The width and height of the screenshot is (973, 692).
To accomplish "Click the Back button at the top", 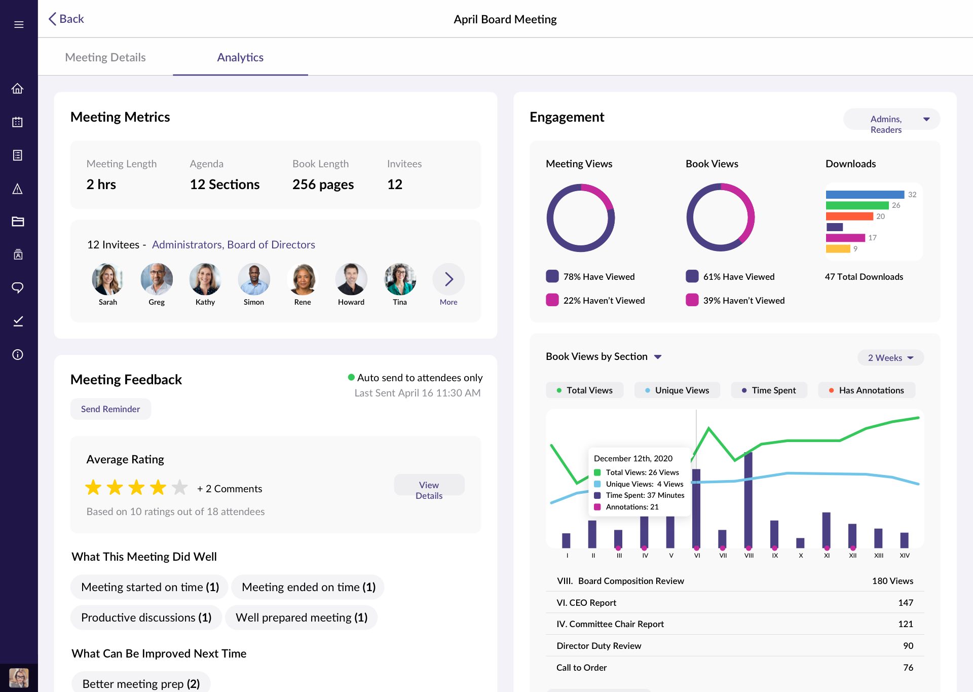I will pos(66,19).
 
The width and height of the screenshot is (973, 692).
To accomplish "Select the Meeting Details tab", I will pos(105,57).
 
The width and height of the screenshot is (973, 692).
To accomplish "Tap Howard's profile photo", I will pos(351,279).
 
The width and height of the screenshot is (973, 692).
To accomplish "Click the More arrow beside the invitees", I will pos(448,279).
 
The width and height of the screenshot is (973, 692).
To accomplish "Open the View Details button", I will pos(429,490).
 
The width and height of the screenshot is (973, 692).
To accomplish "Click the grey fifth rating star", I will pos(179,488).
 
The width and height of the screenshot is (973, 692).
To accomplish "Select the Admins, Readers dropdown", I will pos(891,119).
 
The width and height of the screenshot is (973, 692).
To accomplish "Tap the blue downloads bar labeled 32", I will pos(865,195).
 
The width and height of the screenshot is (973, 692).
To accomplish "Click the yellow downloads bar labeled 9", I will pos(838,248).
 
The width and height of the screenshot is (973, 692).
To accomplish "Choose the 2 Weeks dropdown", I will pos(890,358).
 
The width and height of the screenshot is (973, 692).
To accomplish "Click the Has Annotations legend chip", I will pos(866,390).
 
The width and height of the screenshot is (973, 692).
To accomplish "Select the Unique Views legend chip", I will pos(677,390).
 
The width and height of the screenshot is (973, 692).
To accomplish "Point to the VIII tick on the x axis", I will pos(749,555).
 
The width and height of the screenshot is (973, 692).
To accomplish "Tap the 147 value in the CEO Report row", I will pos(905,603).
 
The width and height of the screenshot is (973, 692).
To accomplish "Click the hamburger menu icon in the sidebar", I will pos(19,24).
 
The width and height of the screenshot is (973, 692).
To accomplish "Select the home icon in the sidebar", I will pos(18,89).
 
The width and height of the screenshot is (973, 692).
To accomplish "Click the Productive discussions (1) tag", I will pos(146,617).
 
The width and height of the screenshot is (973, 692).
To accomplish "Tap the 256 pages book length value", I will pos(323,185).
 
